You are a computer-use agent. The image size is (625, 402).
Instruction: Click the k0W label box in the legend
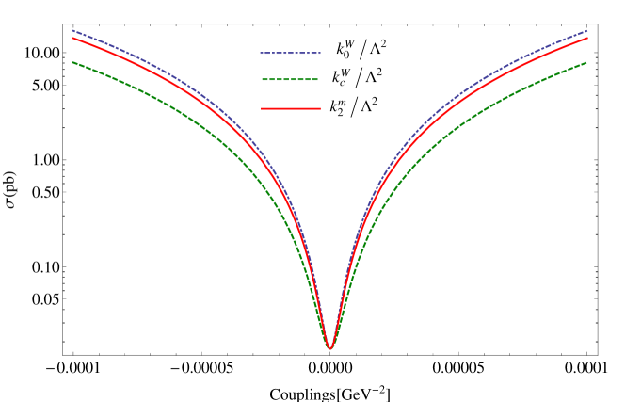point(345,50)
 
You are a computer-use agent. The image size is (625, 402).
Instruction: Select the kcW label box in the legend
point(340,78)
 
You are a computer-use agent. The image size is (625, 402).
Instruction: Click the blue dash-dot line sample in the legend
point(291,52)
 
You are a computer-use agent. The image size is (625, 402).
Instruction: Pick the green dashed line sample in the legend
point(291,80)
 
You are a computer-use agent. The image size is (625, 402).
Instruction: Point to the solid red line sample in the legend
point(291,109)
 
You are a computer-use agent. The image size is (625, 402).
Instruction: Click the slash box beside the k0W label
point(363,50)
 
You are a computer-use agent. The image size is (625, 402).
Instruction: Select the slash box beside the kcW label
point(360,78)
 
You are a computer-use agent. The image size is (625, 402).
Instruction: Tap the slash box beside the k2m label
point(354,107)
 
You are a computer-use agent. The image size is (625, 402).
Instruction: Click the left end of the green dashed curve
point(73,62)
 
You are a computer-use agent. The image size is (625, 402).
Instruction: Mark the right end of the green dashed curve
point(587,63)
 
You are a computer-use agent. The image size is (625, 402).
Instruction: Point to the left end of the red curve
point(73,38)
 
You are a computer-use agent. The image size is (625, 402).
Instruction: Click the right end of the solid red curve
point(587,38)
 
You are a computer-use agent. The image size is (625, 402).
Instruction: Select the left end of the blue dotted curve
point(73,30)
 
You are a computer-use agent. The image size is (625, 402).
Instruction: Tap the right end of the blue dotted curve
point(587,31)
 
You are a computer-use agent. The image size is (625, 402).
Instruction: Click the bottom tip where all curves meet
point(330,348)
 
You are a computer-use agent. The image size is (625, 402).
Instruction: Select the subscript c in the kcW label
point(343,84)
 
